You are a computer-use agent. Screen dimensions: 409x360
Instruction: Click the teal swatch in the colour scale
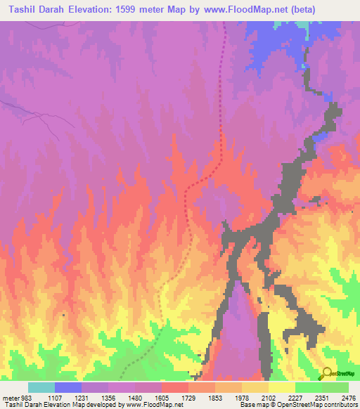click(x=41, y=387)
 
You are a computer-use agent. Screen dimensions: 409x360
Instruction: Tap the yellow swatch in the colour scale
click(x=282, y=387)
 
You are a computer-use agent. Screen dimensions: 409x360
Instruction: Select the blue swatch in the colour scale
click(x=68, y=387)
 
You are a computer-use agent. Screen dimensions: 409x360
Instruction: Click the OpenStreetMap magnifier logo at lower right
click(x=327, y=373)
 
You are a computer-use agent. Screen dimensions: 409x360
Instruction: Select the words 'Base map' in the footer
click(x=253, y=405)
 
